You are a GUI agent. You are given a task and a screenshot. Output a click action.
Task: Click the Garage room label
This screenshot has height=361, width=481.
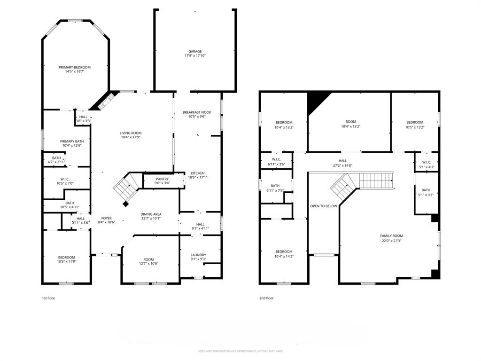click(x=195, y=52)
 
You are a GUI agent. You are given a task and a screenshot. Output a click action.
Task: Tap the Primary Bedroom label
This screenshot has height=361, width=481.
click(x=75, y=68)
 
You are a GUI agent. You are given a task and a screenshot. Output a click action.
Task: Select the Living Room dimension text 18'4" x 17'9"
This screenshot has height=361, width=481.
click(x=130, y=137)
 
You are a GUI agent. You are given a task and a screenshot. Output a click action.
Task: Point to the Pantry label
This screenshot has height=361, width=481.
click(x=162, y=179)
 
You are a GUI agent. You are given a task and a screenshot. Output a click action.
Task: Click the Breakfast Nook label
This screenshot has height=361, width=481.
click(x=197, y=112)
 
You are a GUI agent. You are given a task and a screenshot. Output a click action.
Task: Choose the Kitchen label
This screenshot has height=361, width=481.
click(x=197, y=173)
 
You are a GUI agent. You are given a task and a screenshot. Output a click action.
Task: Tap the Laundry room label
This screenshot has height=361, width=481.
click(x=198, y=255)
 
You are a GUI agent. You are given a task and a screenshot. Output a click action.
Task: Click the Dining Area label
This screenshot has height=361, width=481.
click(x=151, y=214)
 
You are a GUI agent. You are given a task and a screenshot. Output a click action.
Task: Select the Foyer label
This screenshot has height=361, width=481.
click(x=107, y=219)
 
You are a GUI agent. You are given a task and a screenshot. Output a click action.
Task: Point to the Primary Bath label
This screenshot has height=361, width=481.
click(x=72, y=141)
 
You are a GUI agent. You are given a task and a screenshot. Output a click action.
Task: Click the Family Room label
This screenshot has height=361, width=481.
click(x=391, y=236)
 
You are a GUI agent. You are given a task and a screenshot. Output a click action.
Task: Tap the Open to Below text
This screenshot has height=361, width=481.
click(x=324, y=206)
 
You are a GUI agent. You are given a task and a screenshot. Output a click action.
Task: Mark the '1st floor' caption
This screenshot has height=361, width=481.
click(x=48, y=298)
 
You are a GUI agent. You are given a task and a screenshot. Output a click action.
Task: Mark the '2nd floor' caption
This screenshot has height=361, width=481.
click(x=266, y=298)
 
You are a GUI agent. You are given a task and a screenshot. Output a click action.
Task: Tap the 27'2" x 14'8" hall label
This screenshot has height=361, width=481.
click(x=342, y=163)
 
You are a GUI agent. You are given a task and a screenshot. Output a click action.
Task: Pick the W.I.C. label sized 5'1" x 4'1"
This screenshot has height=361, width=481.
click(x=426, y=164)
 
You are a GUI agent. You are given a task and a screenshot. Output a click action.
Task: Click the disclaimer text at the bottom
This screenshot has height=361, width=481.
click(x=240, y=351)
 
